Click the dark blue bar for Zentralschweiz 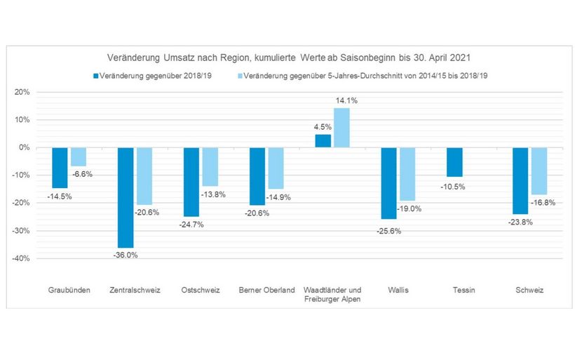(x=126, y=197)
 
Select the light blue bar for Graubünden (x=79, y=156)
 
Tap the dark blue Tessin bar (x=455, y=162)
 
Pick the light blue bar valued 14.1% (x=341, y=128)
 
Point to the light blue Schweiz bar (x=539, y=171)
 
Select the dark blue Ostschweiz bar (x=191, y=182)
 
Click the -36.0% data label (x=126, y=255)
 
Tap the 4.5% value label (x=323, y=127)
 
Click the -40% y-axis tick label (x=21, y=258)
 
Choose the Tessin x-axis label (x=464, y=290)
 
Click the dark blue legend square (x=95, y=74)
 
